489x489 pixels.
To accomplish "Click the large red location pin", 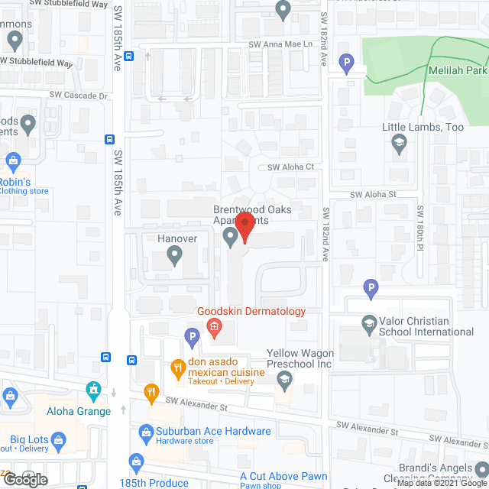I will [244, 227].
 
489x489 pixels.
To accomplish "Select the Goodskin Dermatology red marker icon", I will [215, 329].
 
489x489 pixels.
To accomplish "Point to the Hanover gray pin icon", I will [175, 258].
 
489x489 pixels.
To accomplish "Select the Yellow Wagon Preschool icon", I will [283, 379].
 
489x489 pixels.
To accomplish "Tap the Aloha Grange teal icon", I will [94, 392].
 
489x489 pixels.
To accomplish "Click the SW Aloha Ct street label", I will [290, 167].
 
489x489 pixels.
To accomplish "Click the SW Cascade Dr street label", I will [79, 96].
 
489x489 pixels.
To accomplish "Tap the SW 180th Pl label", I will [420, 227].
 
